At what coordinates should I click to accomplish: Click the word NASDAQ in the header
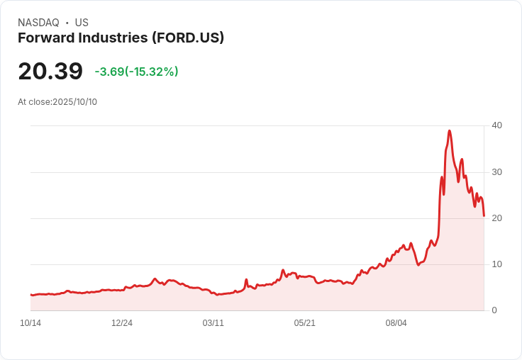38,23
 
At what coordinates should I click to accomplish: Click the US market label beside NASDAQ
82,23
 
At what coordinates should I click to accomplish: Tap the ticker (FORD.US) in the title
188,38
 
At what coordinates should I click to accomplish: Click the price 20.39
50,72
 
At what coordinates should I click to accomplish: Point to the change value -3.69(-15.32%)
136,72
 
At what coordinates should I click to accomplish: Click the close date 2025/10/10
74,102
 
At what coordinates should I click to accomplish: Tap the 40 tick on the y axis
497,125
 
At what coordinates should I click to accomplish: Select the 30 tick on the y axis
497,172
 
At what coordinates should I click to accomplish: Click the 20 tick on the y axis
497,218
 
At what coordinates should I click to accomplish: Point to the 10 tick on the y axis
497,264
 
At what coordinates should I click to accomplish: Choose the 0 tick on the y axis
494,310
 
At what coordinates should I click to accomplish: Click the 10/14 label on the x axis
30,323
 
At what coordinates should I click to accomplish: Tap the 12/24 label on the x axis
122,323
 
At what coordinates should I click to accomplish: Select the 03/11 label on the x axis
213,323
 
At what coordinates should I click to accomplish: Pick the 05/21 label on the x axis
304,323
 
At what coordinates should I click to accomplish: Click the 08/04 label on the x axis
396,323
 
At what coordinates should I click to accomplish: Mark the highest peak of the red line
450,131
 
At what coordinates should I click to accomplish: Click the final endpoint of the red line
484,216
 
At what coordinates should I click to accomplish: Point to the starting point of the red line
30,295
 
